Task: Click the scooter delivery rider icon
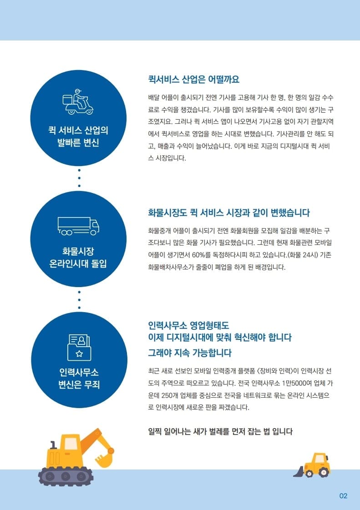pos(78,101)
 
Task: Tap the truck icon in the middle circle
pos(78,226)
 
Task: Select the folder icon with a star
pos(79,348)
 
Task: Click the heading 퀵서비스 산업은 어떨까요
pos(194,79)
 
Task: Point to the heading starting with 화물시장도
pos(229,213)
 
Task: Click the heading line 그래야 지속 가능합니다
pos(190,353)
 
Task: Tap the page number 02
pos(344,496)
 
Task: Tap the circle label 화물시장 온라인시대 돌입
pos(78,258)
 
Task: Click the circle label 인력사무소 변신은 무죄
pos(79,378)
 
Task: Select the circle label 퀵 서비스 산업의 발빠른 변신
pos(78,136)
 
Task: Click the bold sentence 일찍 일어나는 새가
pos(220,432)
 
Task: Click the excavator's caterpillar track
pos(66,476)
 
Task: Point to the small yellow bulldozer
pos(312,465)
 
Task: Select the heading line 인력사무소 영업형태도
pos(188,325)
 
